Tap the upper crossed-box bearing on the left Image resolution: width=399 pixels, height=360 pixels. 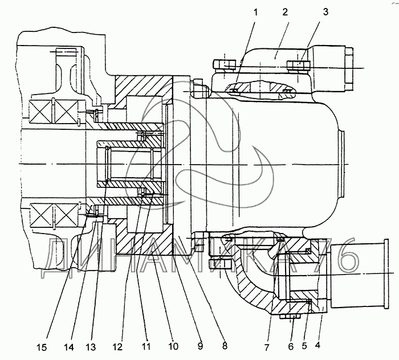pos(54,112)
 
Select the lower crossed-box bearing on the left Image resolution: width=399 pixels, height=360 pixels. pos(54,218)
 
